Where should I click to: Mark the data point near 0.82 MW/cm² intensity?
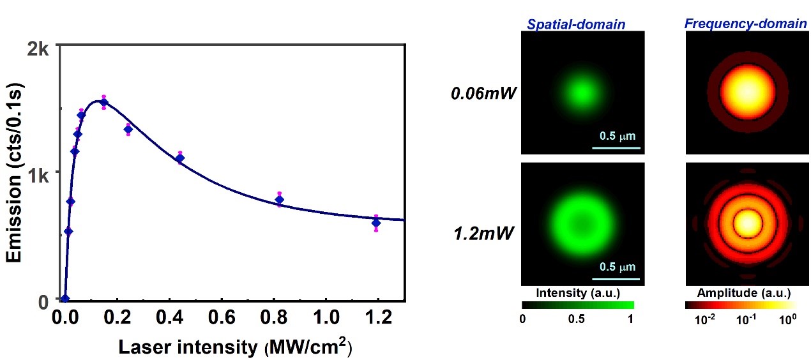tap(280, 200)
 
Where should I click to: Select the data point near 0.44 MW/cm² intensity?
tap(179, 158)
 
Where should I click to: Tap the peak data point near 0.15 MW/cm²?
tap(103, 102)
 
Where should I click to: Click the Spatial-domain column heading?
tap(576, 25)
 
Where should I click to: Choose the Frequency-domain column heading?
tap(745, 24)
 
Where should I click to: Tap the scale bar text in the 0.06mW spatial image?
tap(618, 136)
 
